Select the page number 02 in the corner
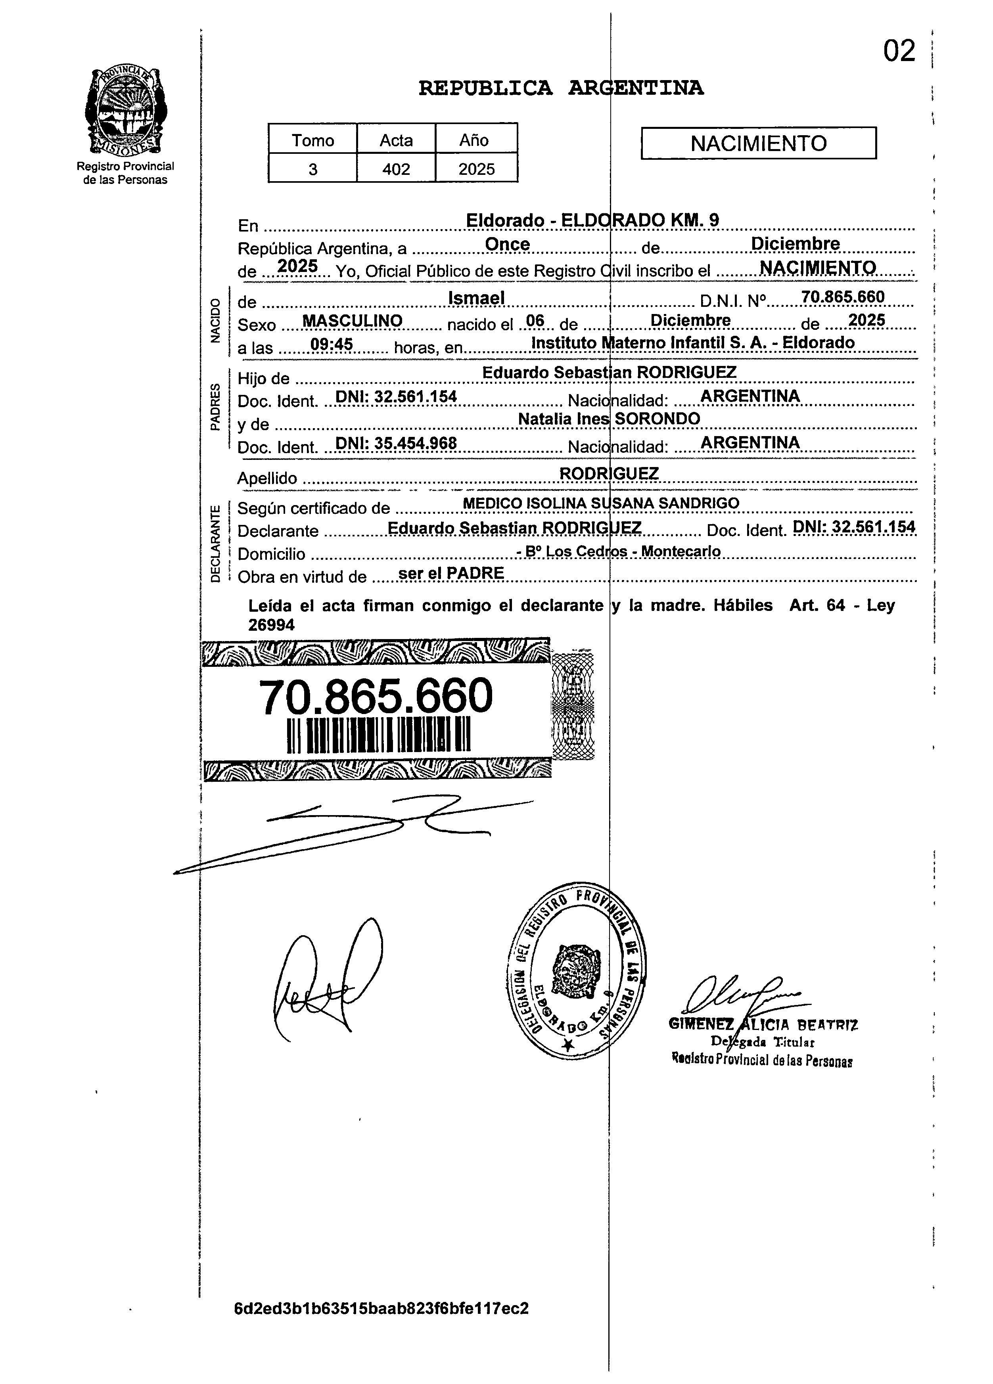(x=899, y=51)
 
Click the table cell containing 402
(x=396, y=169)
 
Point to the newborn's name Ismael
(x=477, y=298)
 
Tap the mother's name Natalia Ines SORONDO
(x=608, y=419)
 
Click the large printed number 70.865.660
(x=376, y=696)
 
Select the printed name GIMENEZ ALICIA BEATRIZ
(x=763, y=1025)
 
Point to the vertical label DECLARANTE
(x=215, y=543)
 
